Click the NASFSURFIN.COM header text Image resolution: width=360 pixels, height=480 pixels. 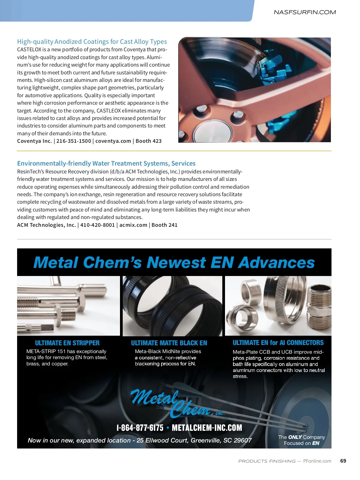[x=304, y=12]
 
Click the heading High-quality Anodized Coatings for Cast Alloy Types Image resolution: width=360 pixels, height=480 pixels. [x=92, y=42]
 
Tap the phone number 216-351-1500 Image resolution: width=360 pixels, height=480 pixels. [x=73, y=141]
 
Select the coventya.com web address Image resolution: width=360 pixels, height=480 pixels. [x=113, y=141]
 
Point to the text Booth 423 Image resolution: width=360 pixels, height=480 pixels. [x=148, y=141]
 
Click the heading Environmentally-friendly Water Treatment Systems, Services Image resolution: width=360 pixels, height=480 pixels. [x=106, y=163]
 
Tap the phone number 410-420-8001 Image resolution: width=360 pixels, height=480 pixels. [x=97, y=225]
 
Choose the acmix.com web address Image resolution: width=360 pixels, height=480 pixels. [x=133, y=225]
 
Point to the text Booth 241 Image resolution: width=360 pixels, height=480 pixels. [x=164, y=225]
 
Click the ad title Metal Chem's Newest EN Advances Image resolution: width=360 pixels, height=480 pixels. [x=174, y=262]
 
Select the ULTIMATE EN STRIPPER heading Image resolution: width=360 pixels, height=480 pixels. [x=67, y=343]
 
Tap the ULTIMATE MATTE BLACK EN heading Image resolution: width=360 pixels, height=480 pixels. [x=169, y=343]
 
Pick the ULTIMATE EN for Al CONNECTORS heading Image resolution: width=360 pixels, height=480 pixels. [x=278, y=343]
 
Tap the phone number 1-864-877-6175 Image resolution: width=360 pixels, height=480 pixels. [x=140, y=428]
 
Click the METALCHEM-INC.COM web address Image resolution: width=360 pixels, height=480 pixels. [x=207, y=428]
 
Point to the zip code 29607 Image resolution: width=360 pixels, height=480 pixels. [x=242, y=440]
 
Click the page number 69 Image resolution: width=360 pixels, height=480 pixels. [x=343, y=461]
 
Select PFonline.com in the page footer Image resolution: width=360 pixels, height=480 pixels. [x=317, y=461]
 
